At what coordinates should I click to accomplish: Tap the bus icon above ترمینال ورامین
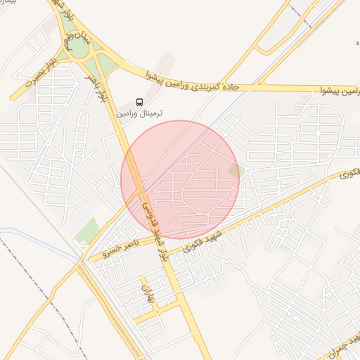pyautogui.click(x=139, y=101)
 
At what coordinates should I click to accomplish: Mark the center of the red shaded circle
pyautogui.click(x=180, y=180)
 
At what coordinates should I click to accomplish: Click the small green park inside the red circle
pyautogui.click(x=235, y=171)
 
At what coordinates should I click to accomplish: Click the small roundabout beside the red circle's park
pyautogui.click(x=248, y=171)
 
